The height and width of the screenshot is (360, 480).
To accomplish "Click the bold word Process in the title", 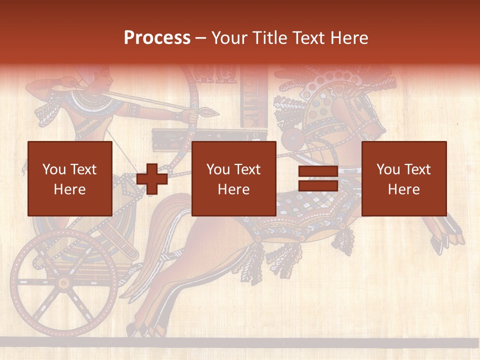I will pyautogui.click(x=157, y=38).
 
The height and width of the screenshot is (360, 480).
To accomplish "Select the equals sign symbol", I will pyautogui.click(x=318, y=179).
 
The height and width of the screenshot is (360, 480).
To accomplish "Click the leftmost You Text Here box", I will pyautogui.click(x=70, y=178).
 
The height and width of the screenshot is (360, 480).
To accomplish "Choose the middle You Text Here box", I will pyautogui.click(x=234, y=178).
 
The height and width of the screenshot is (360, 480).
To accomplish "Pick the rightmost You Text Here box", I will pyautogui.click(x=404, y=178).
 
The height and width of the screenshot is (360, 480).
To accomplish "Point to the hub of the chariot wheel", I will pyautogui.click(x=63, y=283).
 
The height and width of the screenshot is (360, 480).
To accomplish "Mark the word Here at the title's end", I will pyautogui.click(x=350, y=38).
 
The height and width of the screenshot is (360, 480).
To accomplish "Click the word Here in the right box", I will pyautogui.click(x=404, y=189).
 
